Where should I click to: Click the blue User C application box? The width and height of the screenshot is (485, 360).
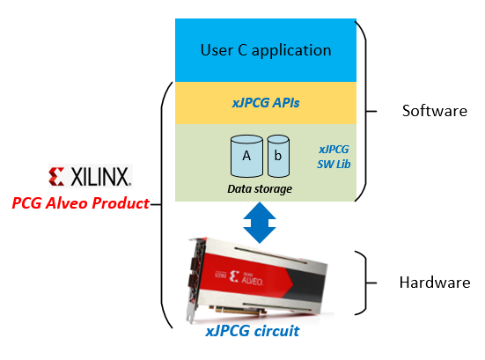[266, 50]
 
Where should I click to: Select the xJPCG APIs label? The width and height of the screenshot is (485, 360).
[266, 103]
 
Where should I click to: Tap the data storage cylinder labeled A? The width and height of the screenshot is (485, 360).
[246, 156]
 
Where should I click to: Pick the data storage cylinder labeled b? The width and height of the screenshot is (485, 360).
[278, 156]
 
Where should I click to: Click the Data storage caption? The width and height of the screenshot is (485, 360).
[260, 188]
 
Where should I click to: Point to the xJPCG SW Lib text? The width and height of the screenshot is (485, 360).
[334, 157]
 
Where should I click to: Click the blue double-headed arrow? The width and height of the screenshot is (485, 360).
[260, 223]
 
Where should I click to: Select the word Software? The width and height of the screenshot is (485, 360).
[435, 111]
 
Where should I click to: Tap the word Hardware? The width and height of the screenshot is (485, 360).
[435, 283]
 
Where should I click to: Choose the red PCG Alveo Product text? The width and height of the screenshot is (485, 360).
[81, 203]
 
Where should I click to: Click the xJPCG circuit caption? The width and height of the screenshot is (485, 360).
[253, 331]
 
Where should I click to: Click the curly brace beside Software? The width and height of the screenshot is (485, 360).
[366, 111]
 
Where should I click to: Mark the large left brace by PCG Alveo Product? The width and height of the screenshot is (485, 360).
[161, 204]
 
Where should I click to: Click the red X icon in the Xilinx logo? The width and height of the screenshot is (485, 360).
[56, 177]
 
